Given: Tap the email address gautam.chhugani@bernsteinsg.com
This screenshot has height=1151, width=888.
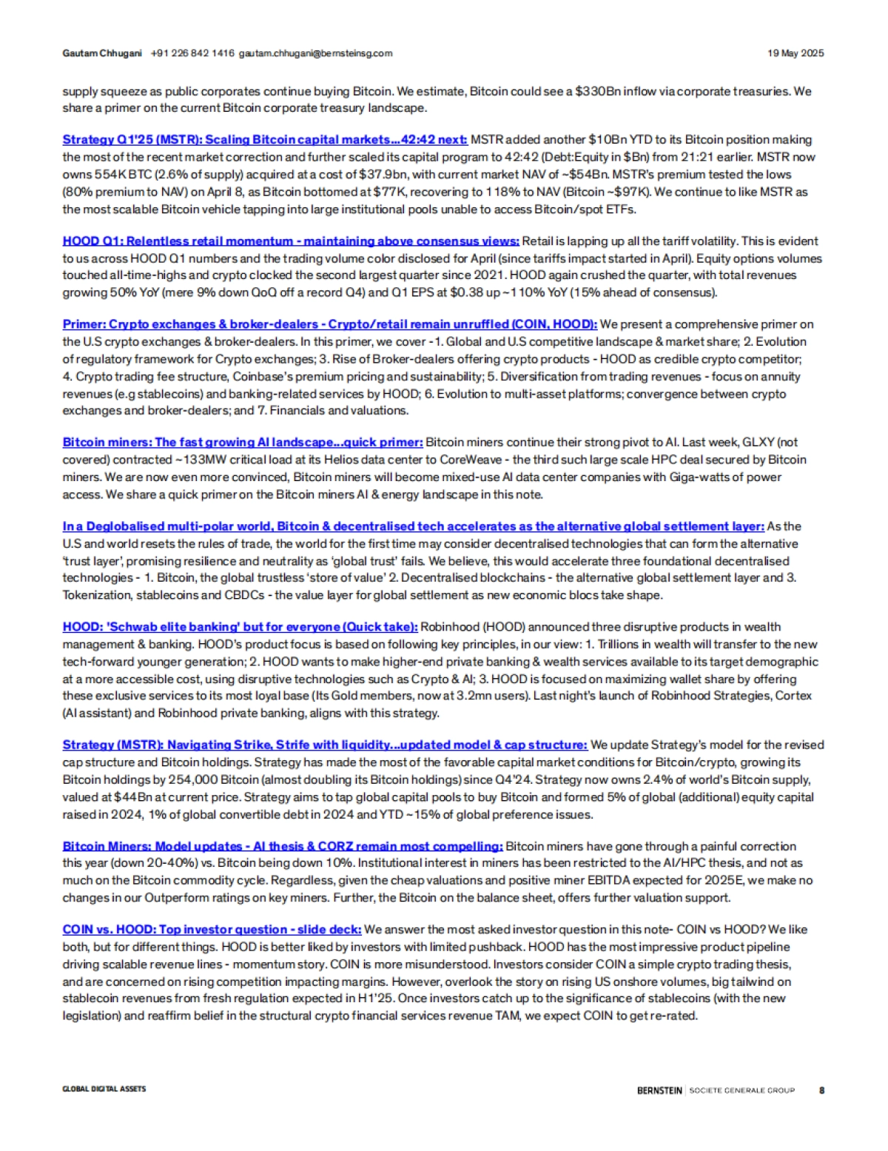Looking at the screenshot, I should (315, 53).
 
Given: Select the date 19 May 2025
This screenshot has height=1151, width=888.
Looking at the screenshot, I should (795, 53).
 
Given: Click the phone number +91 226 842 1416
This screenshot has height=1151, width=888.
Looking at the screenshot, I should (192, 53).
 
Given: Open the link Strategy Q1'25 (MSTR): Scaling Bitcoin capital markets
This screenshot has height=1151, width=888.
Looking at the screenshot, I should (264, 139).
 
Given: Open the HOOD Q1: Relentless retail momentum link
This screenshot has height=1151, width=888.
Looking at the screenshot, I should (291, 241).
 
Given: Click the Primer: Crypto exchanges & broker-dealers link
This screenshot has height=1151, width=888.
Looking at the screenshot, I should (329, 324).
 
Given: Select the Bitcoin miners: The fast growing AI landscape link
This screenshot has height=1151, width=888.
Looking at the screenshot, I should (243, 442).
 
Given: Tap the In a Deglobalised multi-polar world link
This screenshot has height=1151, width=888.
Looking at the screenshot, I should (413, 526).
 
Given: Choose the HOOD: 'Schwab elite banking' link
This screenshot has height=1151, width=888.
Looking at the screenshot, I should (240, 627).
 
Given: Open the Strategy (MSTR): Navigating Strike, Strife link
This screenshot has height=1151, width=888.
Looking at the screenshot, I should (325, 745).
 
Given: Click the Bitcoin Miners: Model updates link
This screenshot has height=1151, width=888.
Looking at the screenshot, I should (283, 846).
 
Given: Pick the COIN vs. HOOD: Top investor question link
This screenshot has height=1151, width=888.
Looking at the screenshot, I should (212, 930).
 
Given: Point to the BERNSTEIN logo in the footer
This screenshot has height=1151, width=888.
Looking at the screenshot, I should (659, 1090).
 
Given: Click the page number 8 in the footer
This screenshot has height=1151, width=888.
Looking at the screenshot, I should (821, 1090).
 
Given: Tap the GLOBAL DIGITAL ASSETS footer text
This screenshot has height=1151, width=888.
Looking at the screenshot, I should (104, 1089).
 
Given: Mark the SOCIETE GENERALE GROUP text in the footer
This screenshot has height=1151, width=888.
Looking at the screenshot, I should (742, 1090).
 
